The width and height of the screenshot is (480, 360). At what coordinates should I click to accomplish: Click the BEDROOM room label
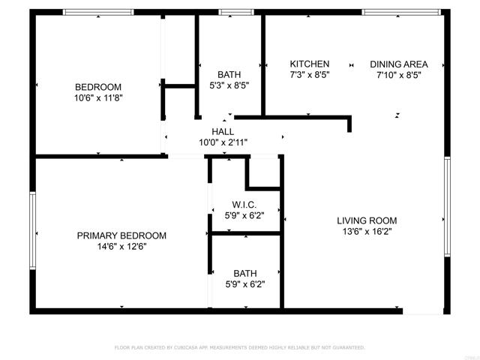pyautogui.click(x=97, y=86)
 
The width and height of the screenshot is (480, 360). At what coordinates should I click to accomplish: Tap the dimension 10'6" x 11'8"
pyautogui.click(x=97, y=97)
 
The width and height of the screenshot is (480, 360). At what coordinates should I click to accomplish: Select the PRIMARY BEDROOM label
pyautogui.click(x=121, y=235)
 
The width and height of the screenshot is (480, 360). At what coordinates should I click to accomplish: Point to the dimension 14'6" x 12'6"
pyautogui.click(x=121, y=247)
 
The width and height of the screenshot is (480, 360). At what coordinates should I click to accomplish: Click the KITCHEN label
pyautogui.click(x=310, y=64)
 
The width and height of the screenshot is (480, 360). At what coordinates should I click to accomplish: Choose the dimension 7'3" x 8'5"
pyautogui.click(x=310, y=75)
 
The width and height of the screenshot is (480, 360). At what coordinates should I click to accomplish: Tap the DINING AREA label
pyautogui.click(x=398, y=64)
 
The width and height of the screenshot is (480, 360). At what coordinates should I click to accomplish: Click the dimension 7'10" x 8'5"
pyautogui.click(x=398, y=75)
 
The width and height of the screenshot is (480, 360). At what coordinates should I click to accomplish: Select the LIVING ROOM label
pyautogui.click(x=366, y=220)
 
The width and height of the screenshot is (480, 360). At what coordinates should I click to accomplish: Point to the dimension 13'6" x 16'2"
pyautogui.click(x=366, y=232)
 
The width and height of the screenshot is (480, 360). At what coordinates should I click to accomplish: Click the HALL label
pyautogui.click(x=223, y=131)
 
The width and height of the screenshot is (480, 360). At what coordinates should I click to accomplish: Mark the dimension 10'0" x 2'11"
pyautogui.click(x=223, y=142)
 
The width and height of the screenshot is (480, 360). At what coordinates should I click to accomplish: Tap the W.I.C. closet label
pyautogui.click(x=245, y=204)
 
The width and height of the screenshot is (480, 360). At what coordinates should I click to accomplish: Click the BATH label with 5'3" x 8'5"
pyautogui.click(x=229, y=74)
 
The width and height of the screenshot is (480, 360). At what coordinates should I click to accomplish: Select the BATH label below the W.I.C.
pyautogui.click(x=244, y=273)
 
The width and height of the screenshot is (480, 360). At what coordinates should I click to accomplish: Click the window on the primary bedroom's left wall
pyautogui.click(x=32, y=230)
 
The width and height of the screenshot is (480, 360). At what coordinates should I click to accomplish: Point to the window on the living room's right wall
pyautogui.click(x=447, y=206)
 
